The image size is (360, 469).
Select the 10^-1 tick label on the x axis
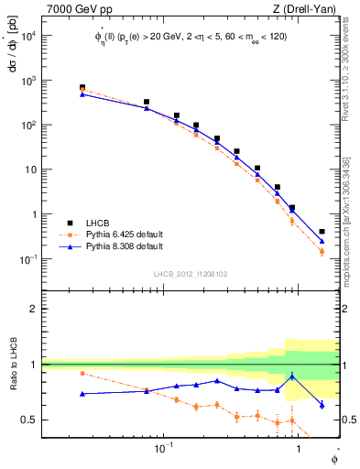pyautogui.click(x=164, y=448)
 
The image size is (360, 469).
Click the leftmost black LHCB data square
pyautogui.click(x=82, y=87)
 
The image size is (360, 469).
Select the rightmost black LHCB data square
pyautogui.click(x=322, y=232)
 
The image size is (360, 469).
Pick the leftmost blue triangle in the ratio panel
pyautogui.click(x=82, y=394)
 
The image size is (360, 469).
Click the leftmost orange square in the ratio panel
pyautogui.click(x=82, y=373)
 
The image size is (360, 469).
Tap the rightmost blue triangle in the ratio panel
pyautogui.click(x=322, y=405)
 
